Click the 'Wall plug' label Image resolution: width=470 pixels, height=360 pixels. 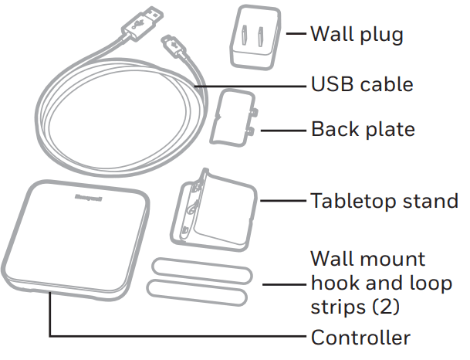[357, 34]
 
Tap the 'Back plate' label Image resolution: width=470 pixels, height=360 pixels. [363, 128]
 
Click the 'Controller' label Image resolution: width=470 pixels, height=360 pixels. [360, 338]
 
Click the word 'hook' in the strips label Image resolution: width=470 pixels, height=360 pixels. [333, 283]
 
